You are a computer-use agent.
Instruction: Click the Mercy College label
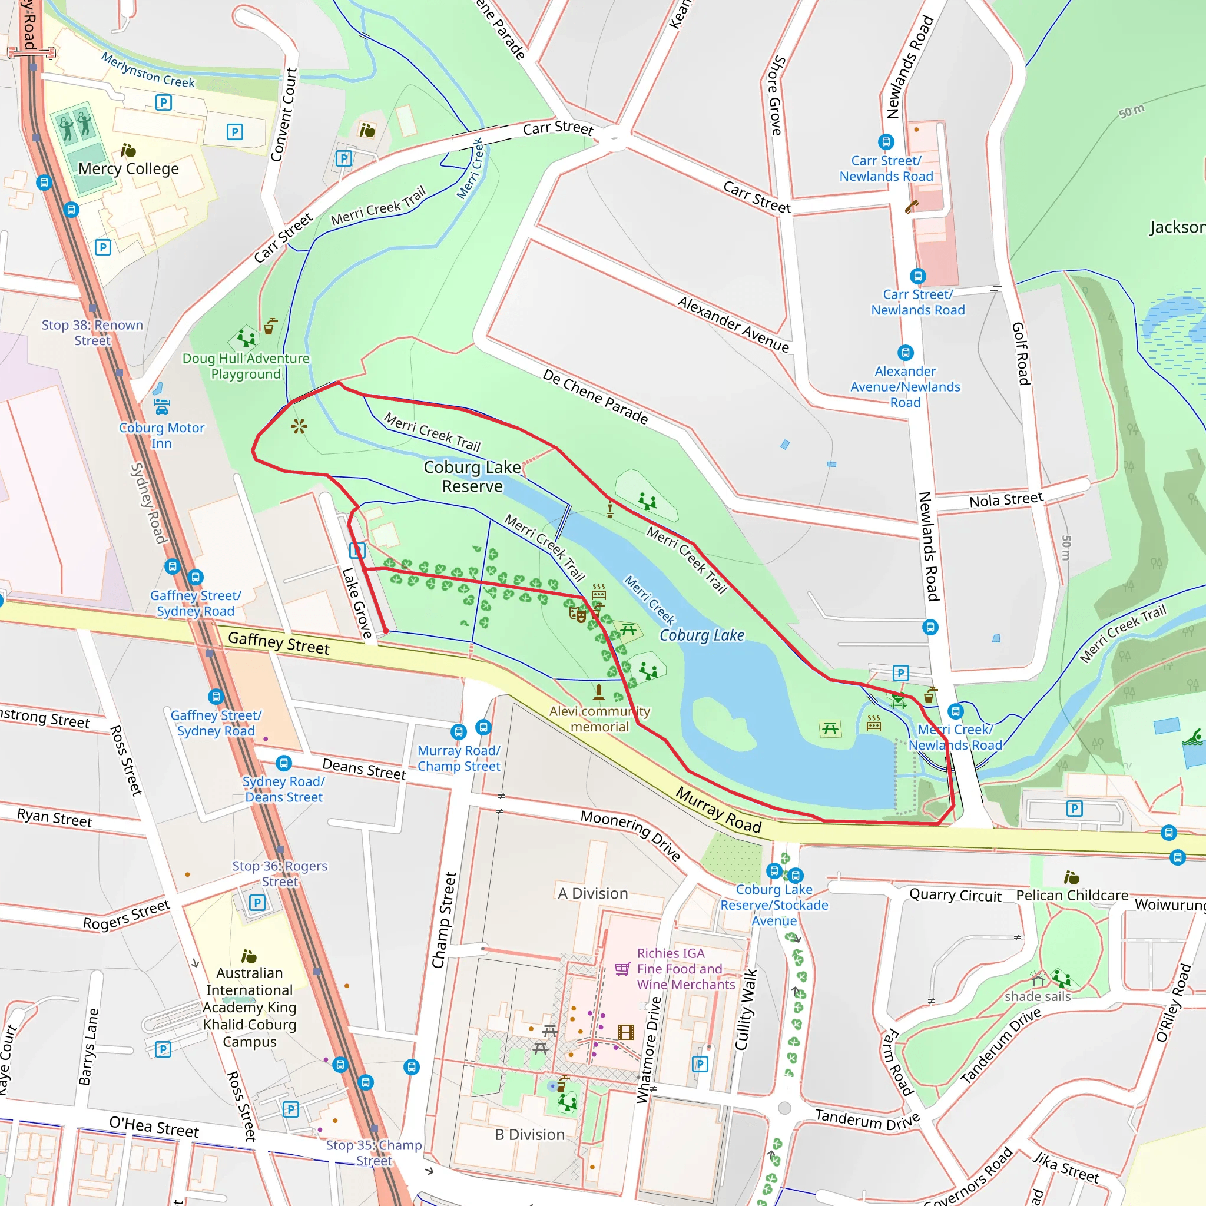click(128, 168)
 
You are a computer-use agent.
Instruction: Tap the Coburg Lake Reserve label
click(472, 476)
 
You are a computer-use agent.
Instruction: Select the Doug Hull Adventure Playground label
click(246, 366)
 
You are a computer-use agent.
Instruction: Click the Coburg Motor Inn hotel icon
click(161, 406)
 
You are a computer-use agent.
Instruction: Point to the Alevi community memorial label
click(599, 718)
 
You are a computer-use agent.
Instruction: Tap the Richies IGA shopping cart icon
click(622, 968)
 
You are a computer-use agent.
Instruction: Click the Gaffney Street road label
click(279, 642)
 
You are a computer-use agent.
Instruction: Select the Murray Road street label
click(718, 810)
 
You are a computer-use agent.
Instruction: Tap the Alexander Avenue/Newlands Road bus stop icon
click(905, 353)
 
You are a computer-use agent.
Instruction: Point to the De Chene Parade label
click(595, 396)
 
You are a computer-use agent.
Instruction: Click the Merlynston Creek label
click(148, 70)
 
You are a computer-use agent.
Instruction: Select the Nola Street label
click(1006, 499)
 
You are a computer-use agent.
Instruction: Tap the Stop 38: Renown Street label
click(92, 332)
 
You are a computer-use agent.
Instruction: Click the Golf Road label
click(1021, 353)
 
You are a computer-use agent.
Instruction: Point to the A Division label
click(592, 893)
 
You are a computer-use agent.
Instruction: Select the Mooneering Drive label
click(630, 834)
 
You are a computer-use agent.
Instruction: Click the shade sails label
click(1038, 996)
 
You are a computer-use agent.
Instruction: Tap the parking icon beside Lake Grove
click(357, 550)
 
